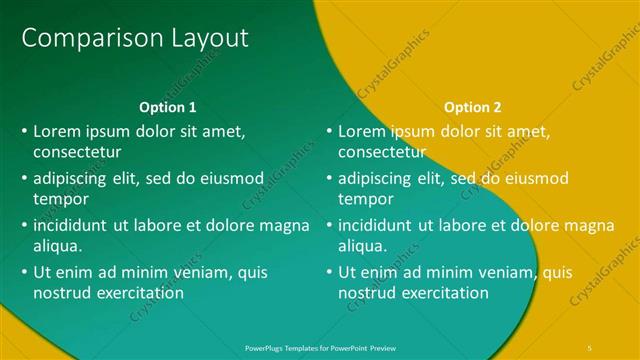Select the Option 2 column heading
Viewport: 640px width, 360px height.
pyautogui.click(x=473, y=107)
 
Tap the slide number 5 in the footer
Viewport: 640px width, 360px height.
pyautogui.click(x=589, y=347)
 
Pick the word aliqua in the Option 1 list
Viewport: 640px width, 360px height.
pyautogui.click(x=57, y=246)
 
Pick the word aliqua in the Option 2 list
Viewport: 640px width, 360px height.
pyautogui.click(x=362, y=246)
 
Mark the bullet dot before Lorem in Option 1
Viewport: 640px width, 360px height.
pyautogui.click(x=24, y=131)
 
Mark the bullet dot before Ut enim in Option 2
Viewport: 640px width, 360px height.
pyautogui.click(x=329, y=271)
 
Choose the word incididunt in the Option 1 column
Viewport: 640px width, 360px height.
pyautogui.click(x=76, y=224)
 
